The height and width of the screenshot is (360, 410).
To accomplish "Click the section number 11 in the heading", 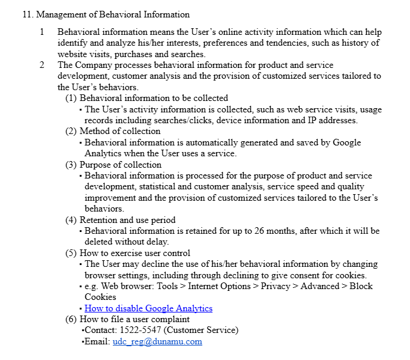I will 26,14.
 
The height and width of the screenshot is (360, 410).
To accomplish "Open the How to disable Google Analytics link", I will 148,308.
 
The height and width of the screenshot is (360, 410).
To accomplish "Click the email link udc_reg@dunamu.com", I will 157,341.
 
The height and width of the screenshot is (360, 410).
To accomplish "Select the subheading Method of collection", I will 120,131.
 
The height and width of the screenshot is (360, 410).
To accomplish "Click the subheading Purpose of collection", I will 121,165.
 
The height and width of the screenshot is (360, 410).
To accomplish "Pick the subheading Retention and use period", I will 128,220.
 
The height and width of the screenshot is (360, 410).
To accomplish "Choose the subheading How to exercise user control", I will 135,253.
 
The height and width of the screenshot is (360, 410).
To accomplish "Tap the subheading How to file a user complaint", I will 134,319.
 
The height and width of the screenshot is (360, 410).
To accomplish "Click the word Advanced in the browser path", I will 320,286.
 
